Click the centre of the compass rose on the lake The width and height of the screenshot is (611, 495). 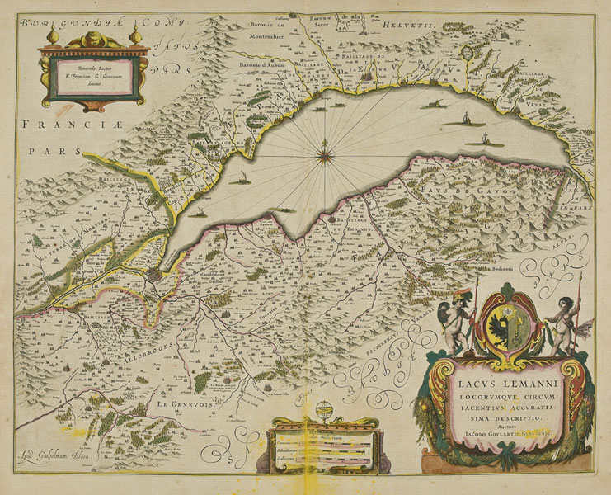[327, 150]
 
